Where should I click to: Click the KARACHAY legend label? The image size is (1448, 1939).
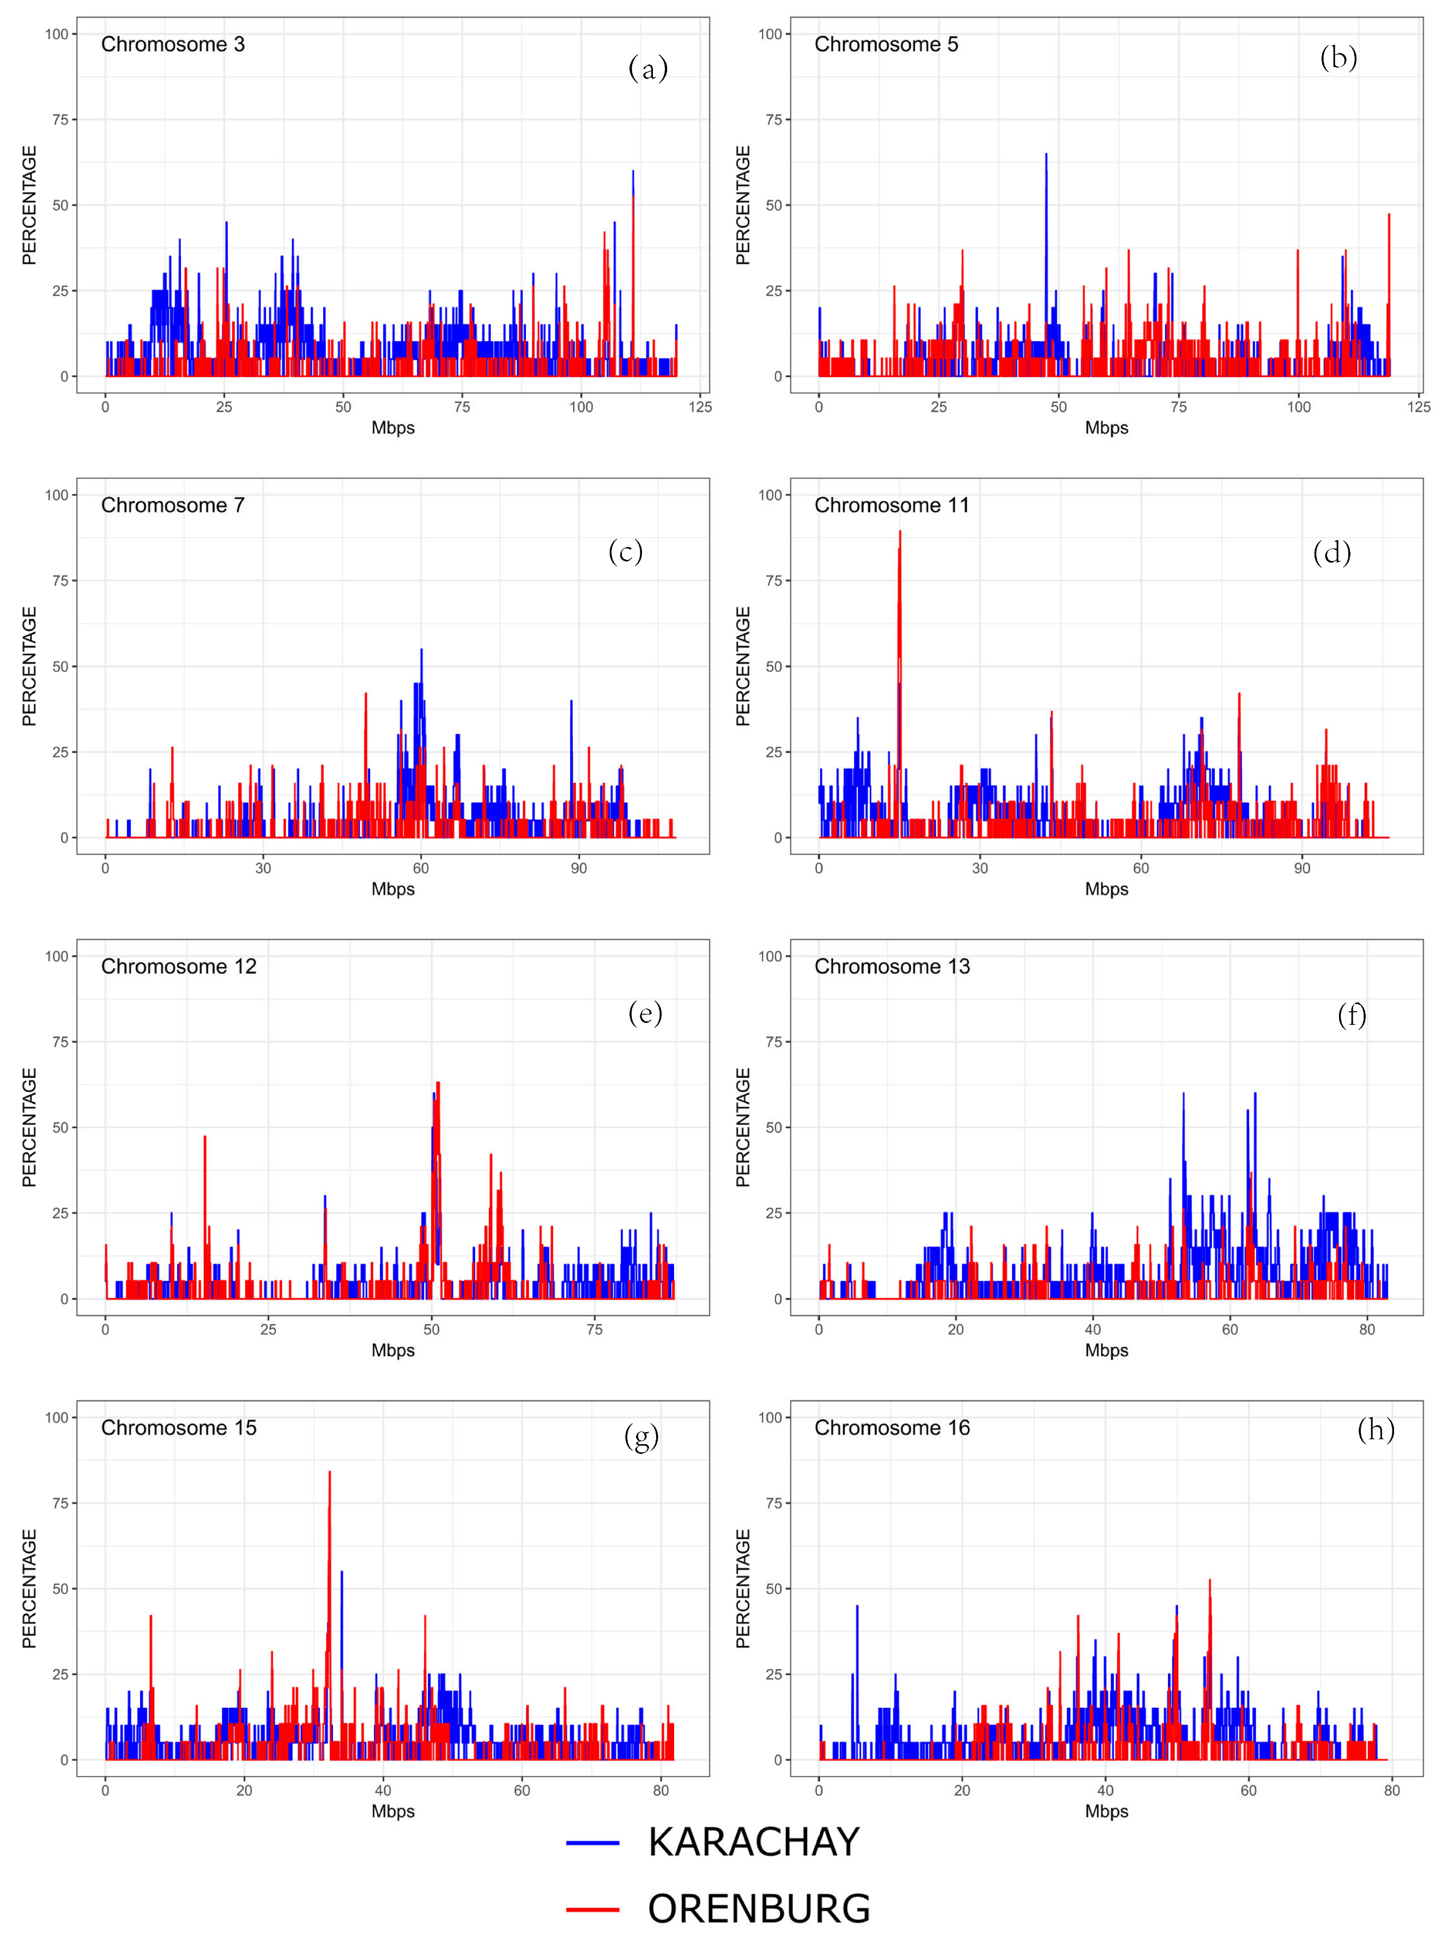[x=753, y=1843]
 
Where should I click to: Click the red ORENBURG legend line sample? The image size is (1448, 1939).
[x=592, y=1909]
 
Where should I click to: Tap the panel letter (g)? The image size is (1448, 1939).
[x=641, y=1437]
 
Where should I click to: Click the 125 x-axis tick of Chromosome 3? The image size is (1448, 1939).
[x=699, y=407]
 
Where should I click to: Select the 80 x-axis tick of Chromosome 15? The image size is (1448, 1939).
[x=661, y=1790]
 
